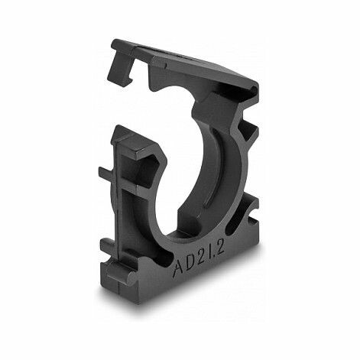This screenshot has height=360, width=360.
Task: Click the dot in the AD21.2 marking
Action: point(213,255)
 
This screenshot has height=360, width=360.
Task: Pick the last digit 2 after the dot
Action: point(220,247)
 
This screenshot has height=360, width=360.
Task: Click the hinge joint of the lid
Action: point(255,89)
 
